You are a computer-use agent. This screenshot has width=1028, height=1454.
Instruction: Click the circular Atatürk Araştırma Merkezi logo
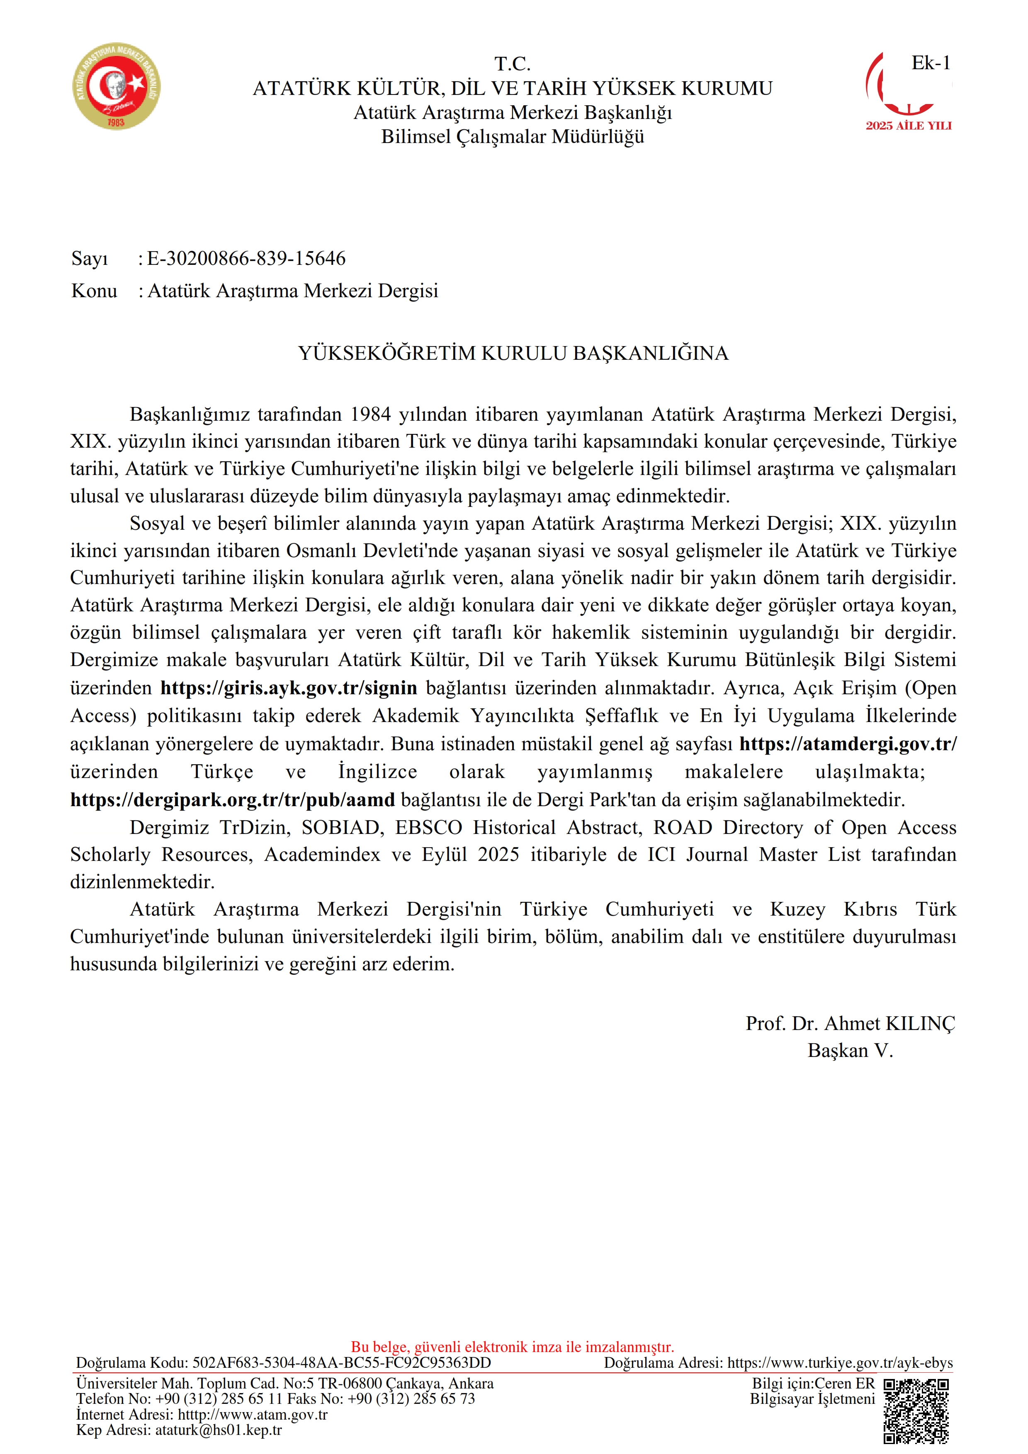point(116,87)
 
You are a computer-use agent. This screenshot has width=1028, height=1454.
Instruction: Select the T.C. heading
point(513,63)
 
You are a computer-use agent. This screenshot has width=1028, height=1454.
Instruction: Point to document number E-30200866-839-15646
point(246,258)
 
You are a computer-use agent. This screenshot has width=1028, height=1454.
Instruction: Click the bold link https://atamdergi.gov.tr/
point(848,744)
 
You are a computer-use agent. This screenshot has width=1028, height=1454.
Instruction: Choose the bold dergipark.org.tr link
point(233,800)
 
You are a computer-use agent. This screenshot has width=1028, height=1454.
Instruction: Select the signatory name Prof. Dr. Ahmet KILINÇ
point(850,1023)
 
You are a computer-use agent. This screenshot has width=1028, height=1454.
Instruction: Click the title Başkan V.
point(850,1051)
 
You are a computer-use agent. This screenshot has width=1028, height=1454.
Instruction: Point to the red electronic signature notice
point(513,1347)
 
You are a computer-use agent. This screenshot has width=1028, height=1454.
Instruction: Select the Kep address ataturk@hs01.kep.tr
point(219,1430)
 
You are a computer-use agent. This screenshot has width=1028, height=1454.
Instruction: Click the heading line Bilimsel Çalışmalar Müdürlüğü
point(513,137)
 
